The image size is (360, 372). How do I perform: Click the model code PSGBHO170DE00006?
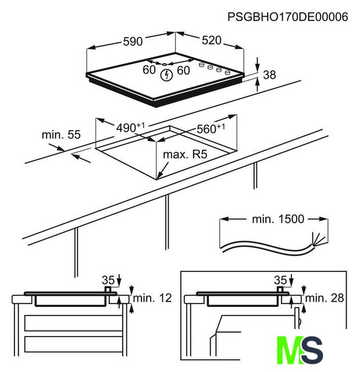[288, 17]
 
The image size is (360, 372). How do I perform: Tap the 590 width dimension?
[133, 41]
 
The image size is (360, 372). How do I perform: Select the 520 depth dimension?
[212, 40]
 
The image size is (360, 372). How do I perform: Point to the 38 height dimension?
[269, 75]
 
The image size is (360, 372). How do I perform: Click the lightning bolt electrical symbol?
[166, 75]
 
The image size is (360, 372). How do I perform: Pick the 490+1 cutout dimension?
[130, 127]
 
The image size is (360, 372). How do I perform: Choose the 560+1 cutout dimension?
[211, 128]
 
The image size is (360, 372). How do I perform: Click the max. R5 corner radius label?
[185, 155]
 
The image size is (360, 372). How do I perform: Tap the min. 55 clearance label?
[61, 134]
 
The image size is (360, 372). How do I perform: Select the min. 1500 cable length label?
[278, 219]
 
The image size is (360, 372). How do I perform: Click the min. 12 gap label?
[152, 298]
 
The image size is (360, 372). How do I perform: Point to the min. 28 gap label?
[325, 298]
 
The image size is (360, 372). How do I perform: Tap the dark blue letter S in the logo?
[312, 350]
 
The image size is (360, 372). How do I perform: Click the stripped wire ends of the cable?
[318, 239]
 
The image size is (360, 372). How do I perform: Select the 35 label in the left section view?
[108, 280]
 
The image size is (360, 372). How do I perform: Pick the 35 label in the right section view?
[280, 280]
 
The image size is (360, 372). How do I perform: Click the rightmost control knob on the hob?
[227, 72]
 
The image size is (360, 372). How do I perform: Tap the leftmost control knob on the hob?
[201, 65]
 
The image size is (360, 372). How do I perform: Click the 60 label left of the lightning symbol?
[149, 70]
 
